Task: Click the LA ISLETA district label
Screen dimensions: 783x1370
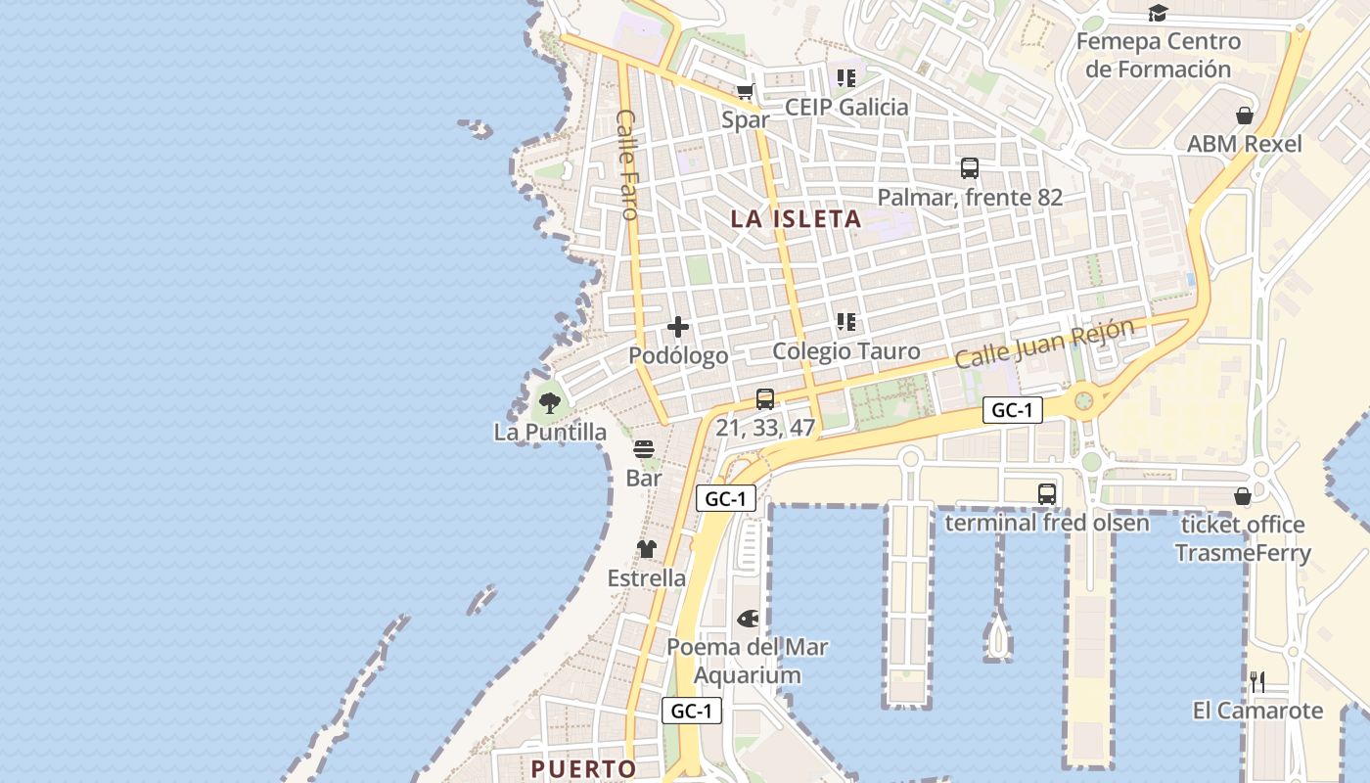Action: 796,219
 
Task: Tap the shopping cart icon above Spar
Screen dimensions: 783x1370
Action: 746,92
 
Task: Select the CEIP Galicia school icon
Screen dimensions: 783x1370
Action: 846,77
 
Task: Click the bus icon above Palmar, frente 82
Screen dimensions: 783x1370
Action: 969,168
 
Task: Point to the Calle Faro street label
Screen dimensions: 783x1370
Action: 627,163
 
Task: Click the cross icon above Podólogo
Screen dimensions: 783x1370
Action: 677,327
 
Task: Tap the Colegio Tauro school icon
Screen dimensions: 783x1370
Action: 846,322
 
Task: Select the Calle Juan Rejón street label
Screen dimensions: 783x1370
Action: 1044,344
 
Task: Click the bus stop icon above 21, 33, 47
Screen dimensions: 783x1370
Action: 765,399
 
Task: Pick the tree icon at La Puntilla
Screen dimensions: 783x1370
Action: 550,401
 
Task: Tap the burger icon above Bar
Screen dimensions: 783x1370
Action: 644,449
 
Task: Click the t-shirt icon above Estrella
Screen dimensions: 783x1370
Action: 646,549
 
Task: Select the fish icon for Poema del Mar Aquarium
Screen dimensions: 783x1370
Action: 748,619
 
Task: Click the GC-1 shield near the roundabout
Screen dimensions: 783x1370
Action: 1012,411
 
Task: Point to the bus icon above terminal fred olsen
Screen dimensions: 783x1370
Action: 1047,493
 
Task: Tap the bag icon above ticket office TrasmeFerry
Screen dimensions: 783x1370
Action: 1243,496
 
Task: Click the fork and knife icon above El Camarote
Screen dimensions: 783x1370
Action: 1257,681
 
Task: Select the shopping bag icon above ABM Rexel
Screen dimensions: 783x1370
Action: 1245,115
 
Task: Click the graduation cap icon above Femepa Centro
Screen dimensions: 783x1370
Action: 1159,13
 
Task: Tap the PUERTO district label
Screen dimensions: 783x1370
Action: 583,768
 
